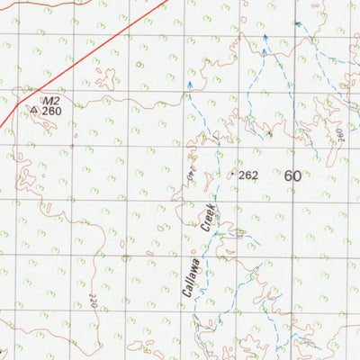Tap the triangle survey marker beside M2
click(34, 111)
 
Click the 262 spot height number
click(248, 175)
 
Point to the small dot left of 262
click(233, 173)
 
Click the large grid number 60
click(292, 176)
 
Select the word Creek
click(208, 219)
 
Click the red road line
click(108, 45)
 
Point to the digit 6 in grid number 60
click(288, 176)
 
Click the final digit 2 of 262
click(255, 175)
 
